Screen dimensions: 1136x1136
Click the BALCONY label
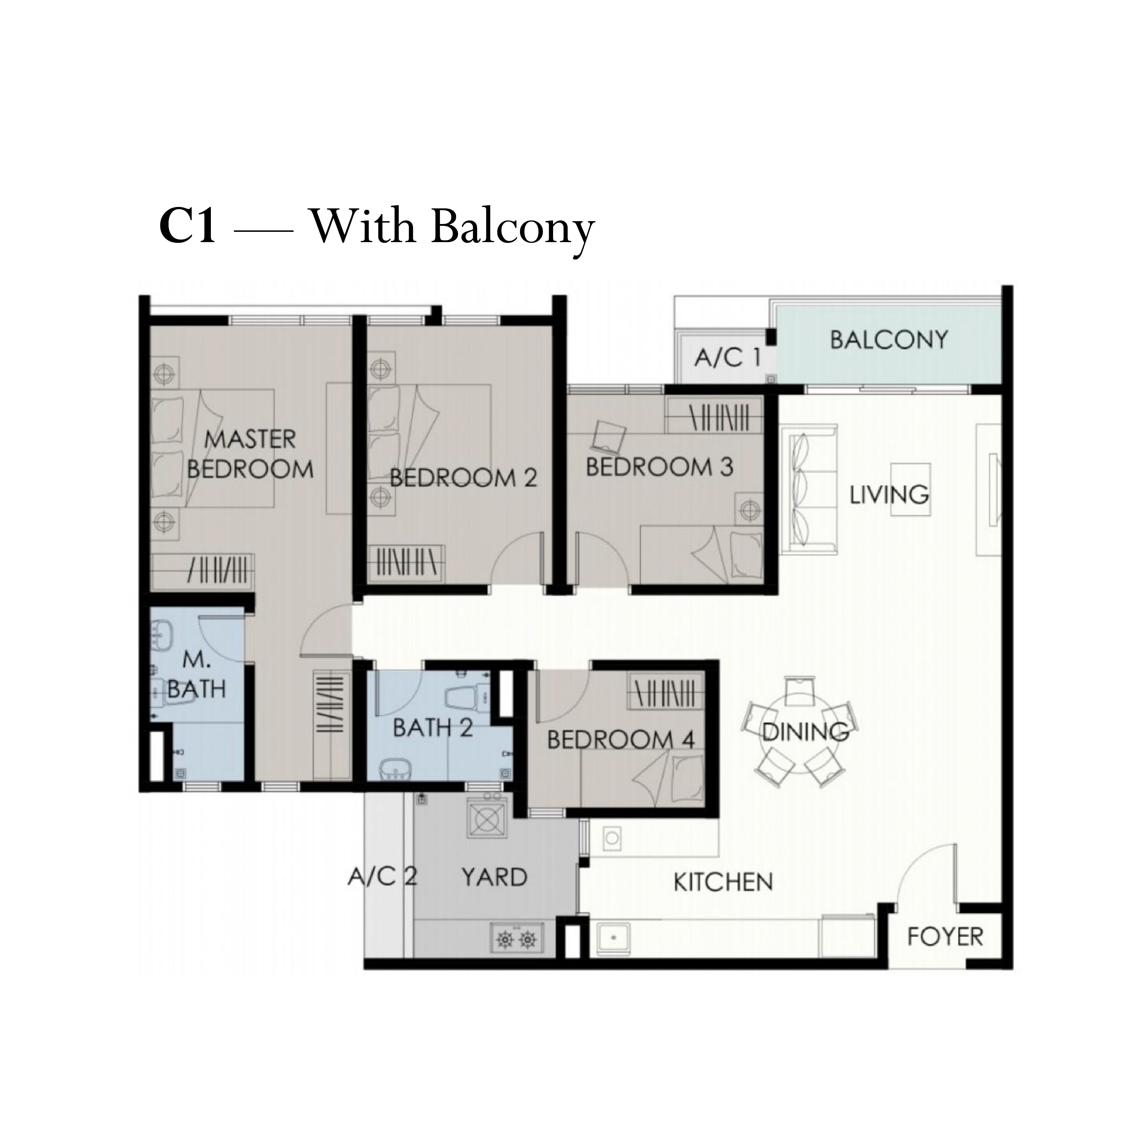pos(889,340)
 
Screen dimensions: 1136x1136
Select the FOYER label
pos(945,937)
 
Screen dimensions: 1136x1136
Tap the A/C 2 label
pos(383,877)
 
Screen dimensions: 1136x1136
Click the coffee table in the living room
pos(910,489)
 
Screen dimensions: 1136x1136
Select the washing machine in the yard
pos(486,817)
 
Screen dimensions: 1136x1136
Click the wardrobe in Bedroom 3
pos(714,415)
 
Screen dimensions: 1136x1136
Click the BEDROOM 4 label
pos(621,740)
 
